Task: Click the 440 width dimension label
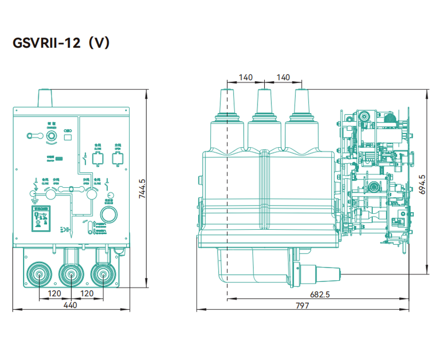click(70, 305)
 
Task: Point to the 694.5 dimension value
click(423, 184)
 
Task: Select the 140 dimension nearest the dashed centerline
click(245, 78)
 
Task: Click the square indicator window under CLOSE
click(97, 159)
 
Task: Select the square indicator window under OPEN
click(117, 159)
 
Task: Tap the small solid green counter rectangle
click(58, 158)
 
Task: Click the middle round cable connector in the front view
click(70, 274)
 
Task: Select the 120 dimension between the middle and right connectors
click(86, 293)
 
